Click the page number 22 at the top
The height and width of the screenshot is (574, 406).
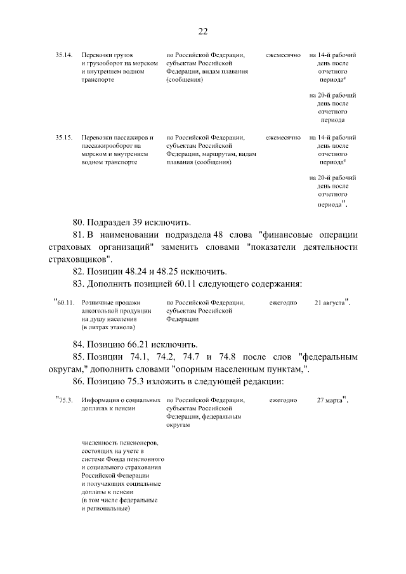203,31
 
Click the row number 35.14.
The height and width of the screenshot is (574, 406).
64,55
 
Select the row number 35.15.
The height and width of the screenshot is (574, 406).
64,137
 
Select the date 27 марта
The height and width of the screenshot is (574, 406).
329,400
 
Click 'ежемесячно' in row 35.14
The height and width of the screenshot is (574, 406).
283,55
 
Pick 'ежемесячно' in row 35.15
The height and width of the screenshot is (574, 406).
283,137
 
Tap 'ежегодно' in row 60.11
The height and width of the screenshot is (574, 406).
283,303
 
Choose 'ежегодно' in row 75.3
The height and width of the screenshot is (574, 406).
283,400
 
